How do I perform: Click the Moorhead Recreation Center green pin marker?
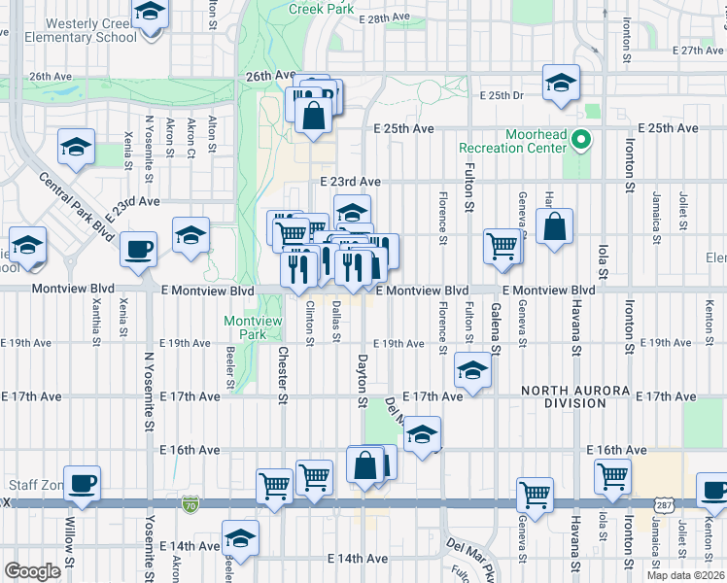point(581,140)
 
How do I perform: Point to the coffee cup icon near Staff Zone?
point(84,482)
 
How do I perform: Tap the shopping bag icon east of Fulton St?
point(553,227)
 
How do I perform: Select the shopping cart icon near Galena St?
point(503,245)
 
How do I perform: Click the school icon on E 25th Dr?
point(561,83)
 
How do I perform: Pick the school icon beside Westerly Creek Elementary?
point(150,14)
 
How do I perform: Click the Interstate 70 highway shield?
point(190,504)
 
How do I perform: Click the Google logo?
point(32,570)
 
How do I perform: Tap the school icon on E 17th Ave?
point(472,371)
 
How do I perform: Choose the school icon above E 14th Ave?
point(240,537)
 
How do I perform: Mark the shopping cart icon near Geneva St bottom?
point(535,495)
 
